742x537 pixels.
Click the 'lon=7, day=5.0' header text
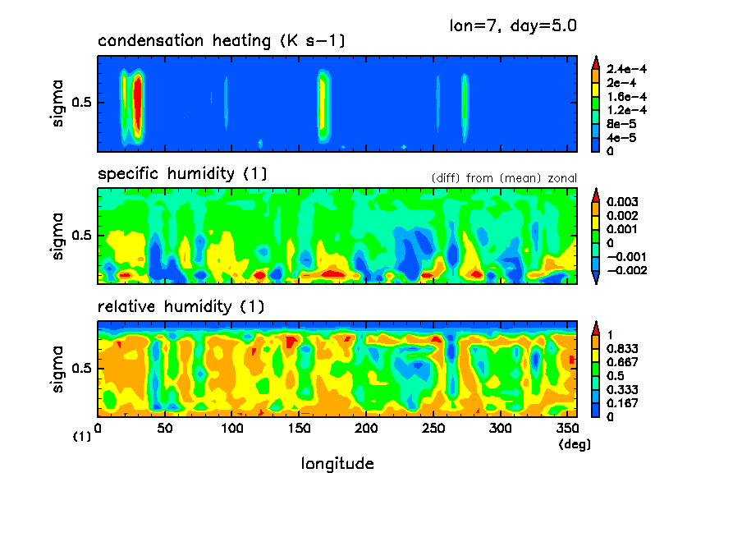pos(512,25)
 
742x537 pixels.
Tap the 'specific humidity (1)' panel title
pos(181,174)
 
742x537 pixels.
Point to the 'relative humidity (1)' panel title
pos(181,307)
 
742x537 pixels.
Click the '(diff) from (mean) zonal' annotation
pos(503,177)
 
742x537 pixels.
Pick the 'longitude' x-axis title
pos(337,464)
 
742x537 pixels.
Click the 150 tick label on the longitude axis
pos(299,429)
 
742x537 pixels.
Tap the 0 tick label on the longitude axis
pos(98,429)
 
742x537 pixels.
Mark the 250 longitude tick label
pos(433,429)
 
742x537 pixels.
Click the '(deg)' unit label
pos(570,444)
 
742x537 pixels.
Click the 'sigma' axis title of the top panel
pos(58,103)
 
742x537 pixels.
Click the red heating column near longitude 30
pos(138,103)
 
